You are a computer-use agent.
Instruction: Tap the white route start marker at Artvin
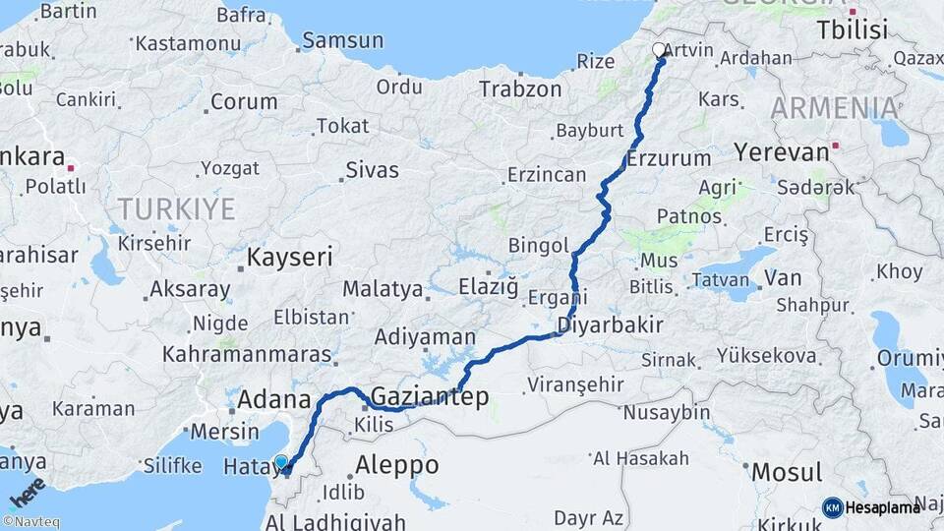tap(659, 49)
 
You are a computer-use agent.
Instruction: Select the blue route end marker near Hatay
tap(282, 462)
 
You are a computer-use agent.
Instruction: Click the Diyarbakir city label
tap(605, 324)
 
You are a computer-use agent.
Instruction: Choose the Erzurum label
tap(669, 158)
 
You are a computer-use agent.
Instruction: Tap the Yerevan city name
tap(781, 152)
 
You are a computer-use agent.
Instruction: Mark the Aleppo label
tap(396, 465)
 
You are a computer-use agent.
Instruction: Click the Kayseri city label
tap(289, 258)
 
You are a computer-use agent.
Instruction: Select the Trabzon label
tap(520, 89)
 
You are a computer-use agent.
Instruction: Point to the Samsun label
tap(342, 40)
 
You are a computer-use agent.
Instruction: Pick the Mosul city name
tap(787, 472)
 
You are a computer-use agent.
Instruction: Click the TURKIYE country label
tap(177, 208)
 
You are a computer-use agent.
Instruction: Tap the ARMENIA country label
tap(834, 107)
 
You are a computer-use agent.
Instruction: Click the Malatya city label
tap(383, 290)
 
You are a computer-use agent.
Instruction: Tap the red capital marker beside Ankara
tap(71, 168)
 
